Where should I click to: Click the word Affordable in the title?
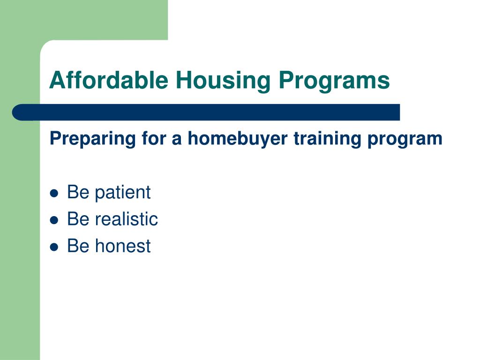[109, 80]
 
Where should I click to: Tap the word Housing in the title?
[223, 81]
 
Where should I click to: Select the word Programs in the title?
[334, 81]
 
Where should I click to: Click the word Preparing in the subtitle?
[92, 139]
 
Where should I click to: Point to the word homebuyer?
[238, 139]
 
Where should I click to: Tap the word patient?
[122, 193]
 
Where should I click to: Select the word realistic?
[126, 218]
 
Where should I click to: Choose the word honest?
[122, 246]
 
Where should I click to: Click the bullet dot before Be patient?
[54, 193]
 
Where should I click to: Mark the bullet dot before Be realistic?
[54, 220]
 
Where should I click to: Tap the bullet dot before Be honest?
[54, 247]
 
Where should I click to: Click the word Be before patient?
[78, 192]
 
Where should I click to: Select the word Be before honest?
[78, 246]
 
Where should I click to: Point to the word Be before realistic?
[78, 218]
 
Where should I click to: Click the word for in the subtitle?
[153, 138]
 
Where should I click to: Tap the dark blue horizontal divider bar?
[206, 112]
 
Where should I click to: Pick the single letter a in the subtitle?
[177, 140]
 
